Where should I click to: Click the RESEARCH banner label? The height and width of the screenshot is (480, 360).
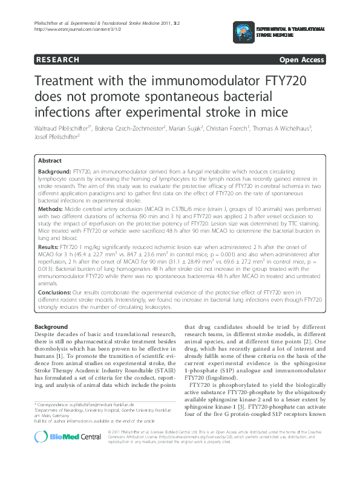[x=57, y=60]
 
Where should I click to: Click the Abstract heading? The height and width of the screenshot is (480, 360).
[x=50, y=161]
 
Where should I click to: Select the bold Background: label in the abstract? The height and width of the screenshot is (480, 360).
[x=54, y=172]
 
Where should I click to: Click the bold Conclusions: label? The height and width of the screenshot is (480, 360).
[x=55, y=291]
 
